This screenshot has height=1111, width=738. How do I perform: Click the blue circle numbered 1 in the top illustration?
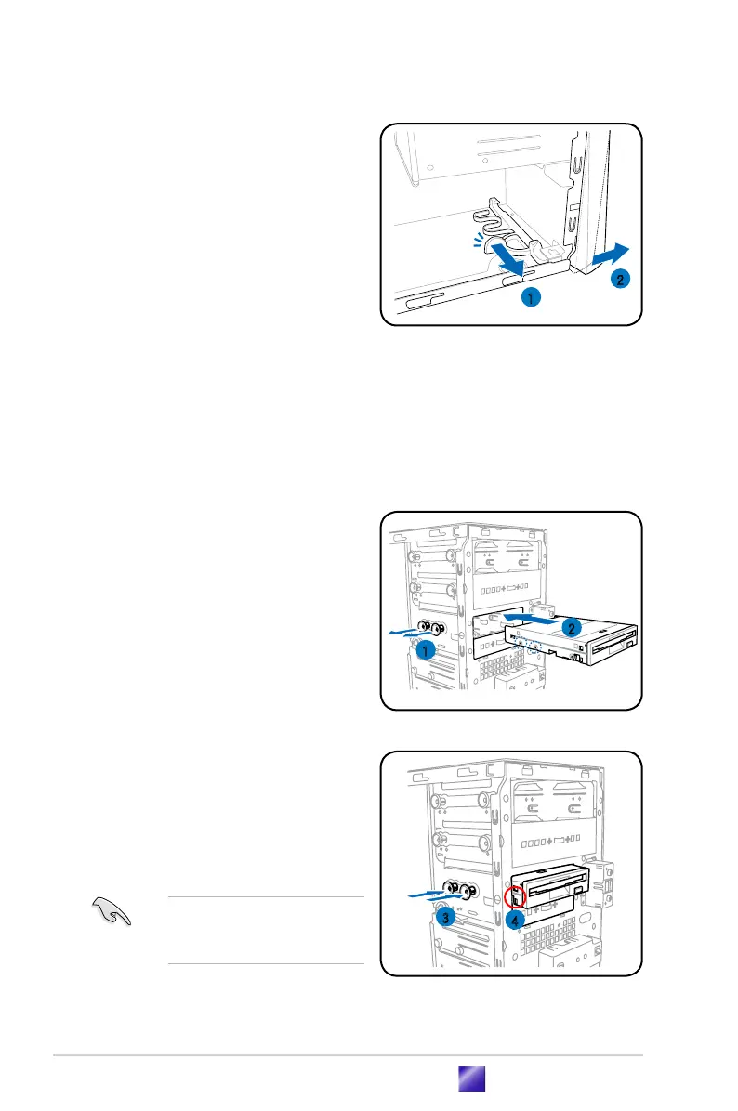[x=528, y=297]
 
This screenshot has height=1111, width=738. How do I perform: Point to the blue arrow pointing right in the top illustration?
[x=611, y=252]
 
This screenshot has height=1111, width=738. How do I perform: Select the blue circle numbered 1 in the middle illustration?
[x=427, y=651]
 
